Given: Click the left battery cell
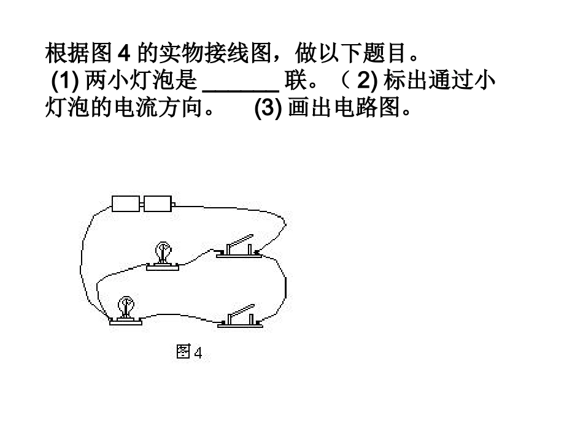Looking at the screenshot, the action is tap(127, 202).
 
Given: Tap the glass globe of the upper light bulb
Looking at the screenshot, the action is tap(163, 249).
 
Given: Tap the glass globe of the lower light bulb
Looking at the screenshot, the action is tap(126, 304).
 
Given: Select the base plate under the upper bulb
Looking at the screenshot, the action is tap(163, 266).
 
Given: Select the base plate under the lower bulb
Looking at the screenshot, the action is tap(125, 321).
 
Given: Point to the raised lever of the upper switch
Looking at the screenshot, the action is tap(241, 240).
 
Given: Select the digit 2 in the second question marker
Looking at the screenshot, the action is tap(361, 81).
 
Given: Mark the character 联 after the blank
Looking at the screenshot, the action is tap(297, 81).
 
